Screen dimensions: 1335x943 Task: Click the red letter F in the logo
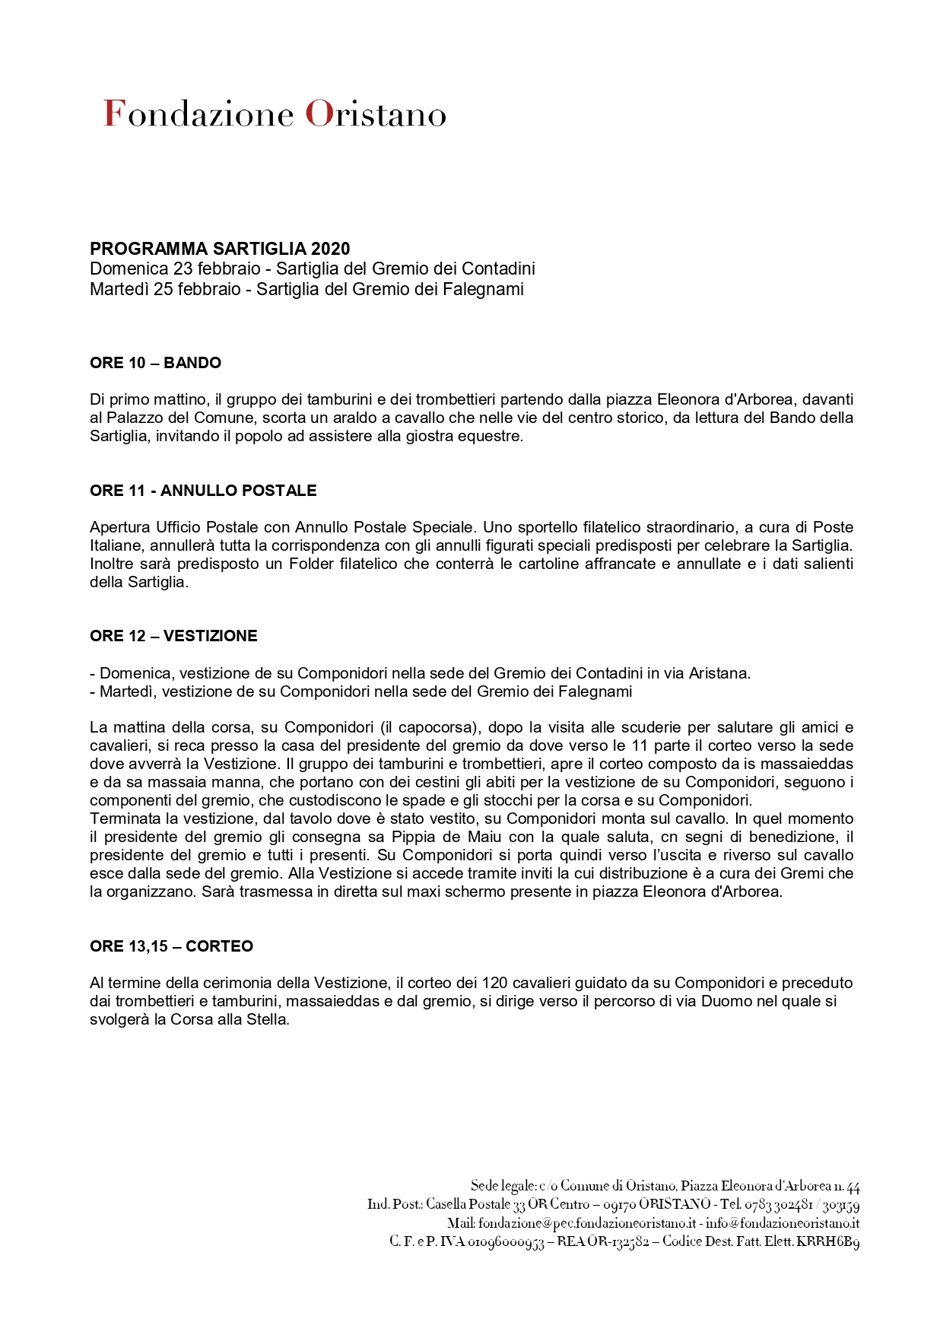[113, 113]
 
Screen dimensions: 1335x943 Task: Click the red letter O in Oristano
[316, 114]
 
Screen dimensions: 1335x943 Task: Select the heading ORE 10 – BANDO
[155, 363]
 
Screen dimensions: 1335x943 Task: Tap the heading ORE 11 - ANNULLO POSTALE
[203, 491]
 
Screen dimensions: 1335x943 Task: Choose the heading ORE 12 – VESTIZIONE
[173, 636]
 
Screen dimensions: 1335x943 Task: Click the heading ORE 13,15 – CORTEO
[171, 946]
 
